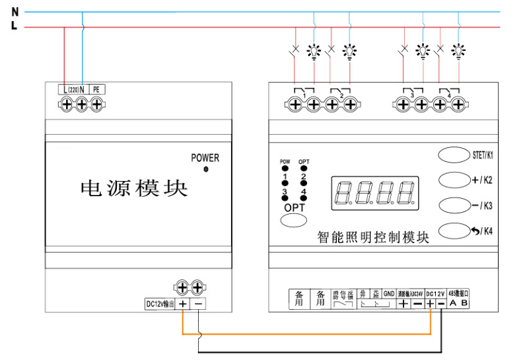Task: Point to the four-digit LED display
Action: (376, 192)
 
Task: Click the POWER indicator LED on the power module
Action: (205, 170)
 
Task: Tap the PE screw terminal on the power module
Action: (96, 104)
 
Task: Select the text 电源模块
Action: (133, 189)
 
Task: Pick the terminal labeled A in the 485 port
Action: (453, 303)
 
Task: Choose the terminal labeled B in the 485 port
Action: (464, 303)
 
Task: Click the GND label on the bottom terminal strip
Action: (389, 294)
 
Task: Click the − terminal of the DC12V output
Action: (199, 304)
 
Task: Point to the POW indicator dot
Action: (285, 168)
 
